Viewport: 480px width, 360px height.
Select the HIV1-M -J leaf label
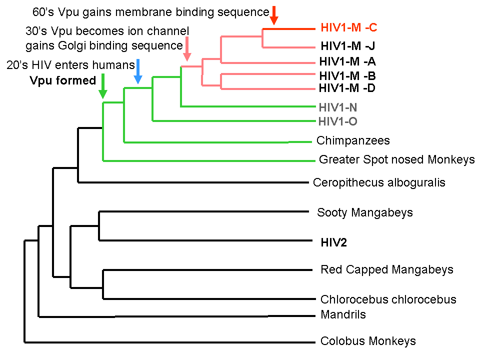pyautogui.click(x=347, y=47)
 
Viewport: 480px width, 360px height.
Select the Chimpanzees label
pyautogui.click(x=353, y=141)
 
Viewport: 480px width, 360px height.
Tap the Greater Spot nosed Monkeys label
pyautogui.click(x=396, y=160)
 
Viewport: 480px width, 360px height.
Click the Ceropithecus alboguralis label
pyautogui.click(x=379, y=182)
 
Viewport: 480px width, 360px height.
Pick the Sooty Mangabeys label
pyautogui.click(x=365, y=212)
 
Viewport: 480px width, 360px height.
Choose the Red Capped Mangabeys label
pyautogui.click(x=387, y=270)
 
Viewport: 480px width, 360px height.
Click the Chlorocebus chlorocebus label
pyautogui.click(x=388, y=300)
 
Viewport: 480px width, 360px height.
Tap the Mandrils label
pyautogui.click(x=343, y=315)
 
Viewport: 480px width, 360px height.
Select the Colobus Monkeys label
pyautogui.click(x=368, y=341)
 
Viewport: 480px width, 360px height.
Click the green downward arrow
pyautogui.click(x=102, y=85)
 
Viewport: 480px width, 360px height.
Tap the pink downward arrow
pyautogui.click(x=187, y=49)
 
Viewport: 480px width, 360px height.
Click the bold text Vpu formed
pyautogui.click(x=62, y=80)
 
